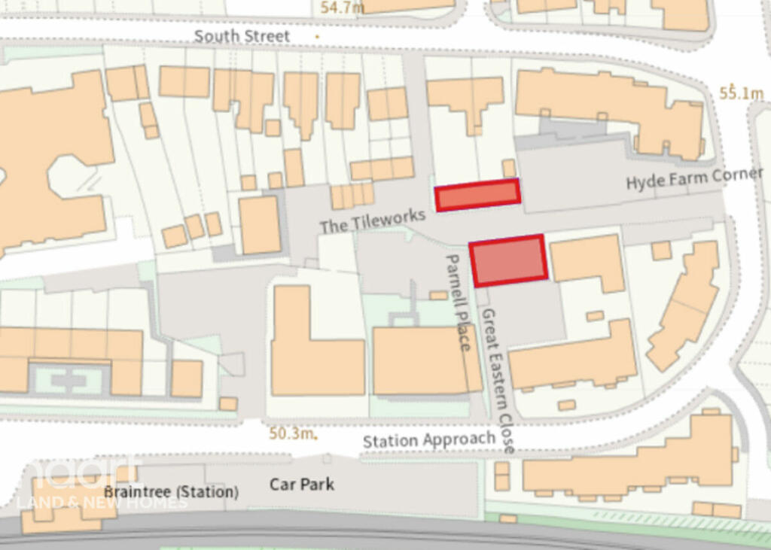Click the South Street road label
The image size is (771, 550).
[242, 36]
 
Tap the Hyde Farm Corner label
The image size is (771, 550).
[694, 179]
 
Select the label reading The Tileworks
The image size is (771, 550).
[372, 221]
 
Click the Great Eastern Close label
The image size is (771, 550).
[498, 380]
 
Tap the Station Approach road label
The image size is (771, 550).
[428, 440]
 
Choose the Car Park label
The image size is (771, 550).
[303, 484]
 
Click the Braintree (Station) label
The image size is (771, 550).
[172, 492]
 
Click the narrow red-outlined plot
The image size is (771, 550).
[478, 196]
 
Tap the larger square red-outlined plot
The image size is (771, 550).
[508, 260]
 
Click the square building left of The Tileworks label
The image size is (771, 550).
[260, 224]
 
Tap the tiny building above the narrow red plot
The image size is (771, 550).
[509, 168]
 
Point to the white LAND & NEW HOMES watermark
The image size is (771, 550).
[102, 501]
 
